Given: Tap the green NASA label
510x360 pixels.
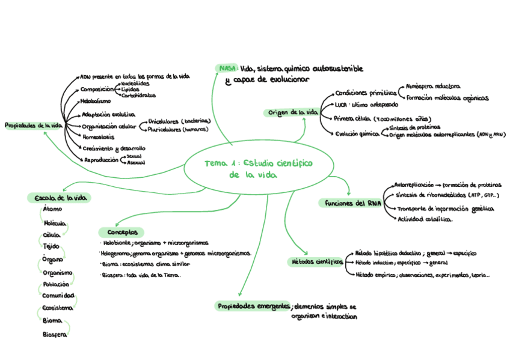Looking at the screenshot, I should (227, 69).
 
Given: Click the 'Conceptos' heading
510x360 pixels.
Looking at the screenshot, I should (121, 232).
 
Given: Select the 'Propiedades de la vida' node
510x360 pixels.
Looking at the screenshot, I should (33, 126).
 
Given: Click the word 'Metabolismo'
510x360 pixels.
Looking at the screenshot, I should (95, 101).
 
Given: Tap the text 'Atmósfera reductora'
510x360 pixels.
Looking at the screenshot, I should (433, 87).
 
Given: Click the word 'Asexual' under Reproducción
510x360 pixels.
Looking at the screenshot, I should (135, 162).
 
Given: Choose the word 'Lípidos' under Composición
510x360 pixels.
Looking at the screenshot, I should (131, 90).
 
